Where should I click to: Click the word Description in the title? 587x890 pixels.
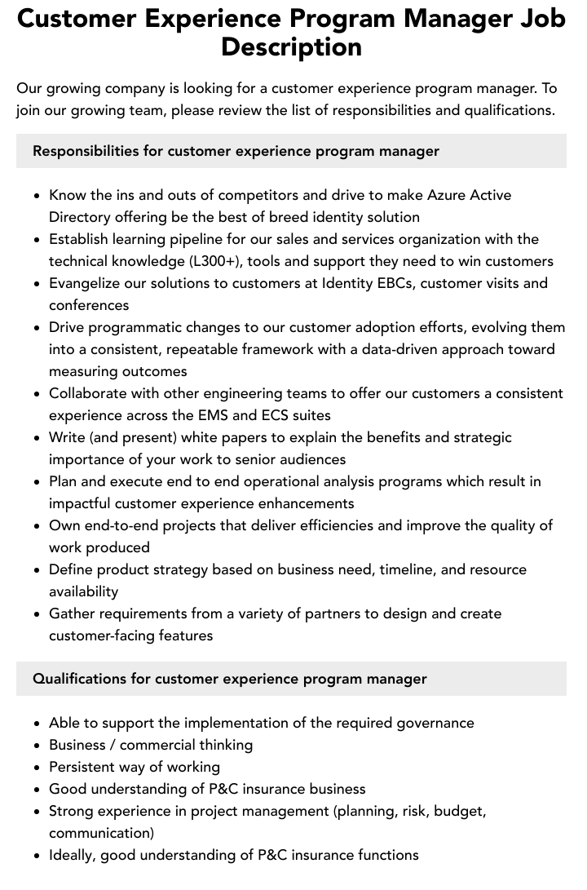pyautogui.click(x=291, y=46)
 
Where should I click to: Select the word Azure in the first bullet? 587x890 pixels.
pyautogui.click(x=448, y=195)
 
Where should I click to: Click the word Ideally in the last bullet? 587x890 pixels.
pyautogui.click(x=74, y=855)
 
